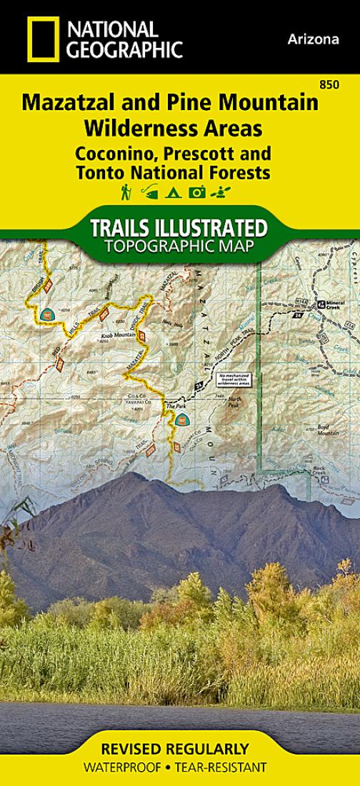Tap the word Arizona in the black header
pyautogui.click(x=314, y=39)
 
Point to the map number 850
pyautogui.click(x=330, y=86)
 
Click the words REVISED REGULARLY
pyautogui.click(x=180, y=750)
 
